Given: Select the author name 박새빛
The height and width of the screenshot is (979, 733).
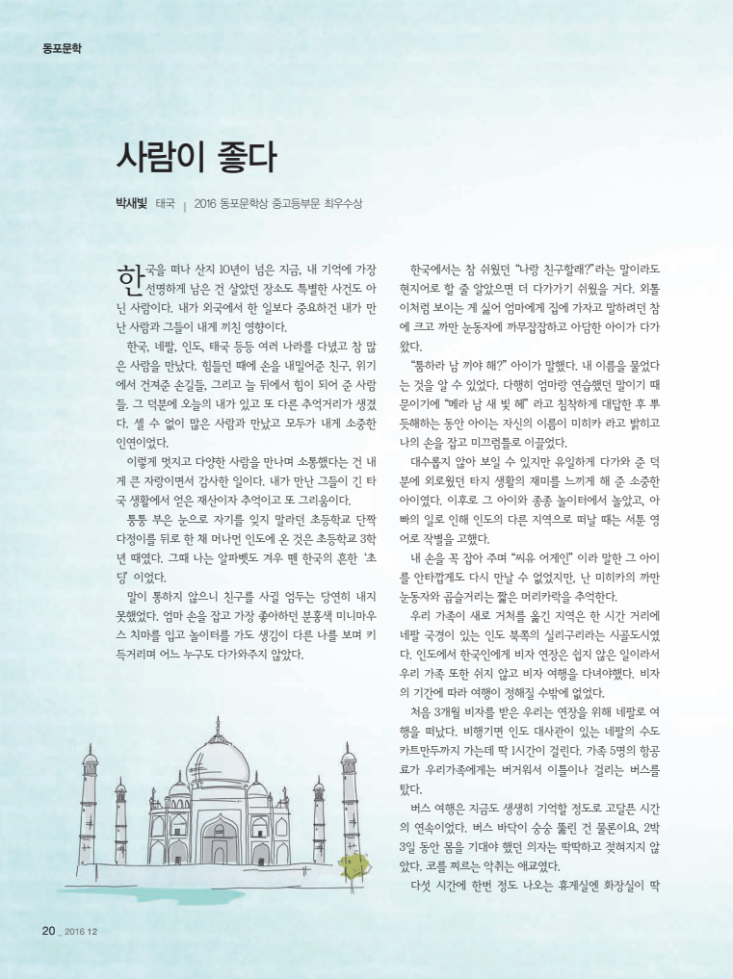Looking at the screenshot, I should click(131, 203).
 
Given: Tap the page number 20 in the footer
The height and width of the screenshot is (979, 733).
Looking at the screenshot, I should click(48, 931).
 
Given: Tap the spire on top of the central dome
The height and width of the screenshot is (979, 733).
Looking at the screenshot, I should click(218, 724).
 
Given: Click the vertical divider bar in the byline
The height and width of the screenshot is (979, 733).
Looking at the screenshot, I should click(184, 204).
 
